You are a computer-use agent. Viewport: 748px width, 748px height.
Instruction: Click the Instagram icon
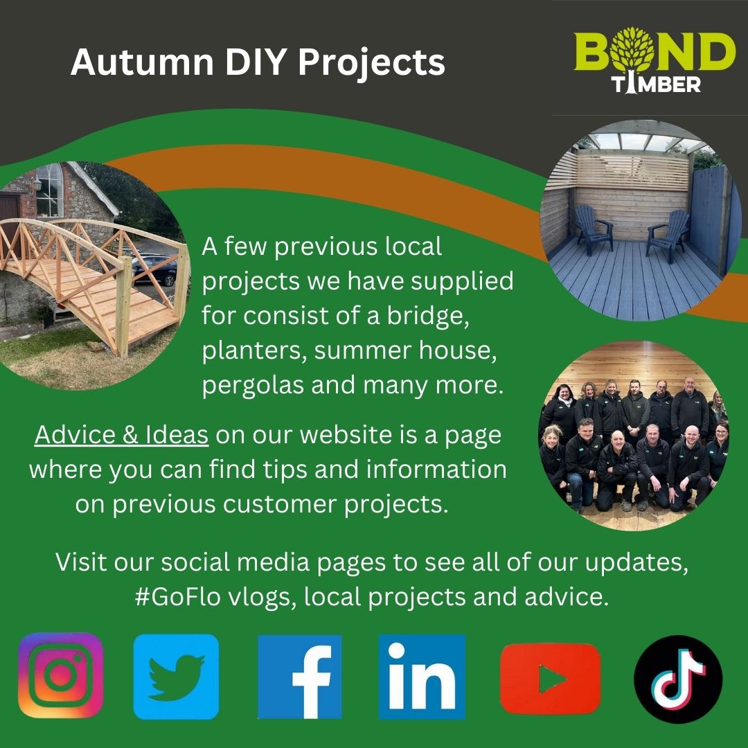coord(60,675)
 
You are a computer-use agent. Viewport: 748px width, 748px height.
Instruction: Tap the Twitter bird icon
coord(176,677)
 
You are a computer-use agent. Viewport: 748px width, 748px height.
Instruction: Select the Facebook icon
coord(300,677)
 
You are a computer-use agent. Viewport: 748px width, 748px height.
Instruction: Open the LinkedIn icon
coord(422,677)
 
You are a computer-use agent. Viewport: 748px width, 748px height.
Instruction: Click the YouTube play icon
coord(550,678)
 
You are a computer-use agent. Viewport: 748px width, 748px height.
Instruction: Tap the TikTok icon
coord(678,679)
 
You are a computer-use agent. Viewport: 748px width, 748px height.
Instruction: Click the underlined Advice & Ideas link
coord(121,434)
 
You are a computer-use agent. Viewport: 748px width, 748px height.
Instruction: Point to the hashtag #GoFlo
coord(177,597)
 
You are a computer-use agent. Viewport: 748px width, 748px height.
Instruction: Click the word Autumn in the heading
coord(142,62)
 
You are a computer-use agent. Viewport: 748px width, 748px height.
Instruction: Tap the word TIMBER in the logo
coord(656,84)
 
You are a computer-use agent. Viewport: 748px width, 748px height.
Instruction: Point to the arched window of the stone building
coord(49,190)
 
